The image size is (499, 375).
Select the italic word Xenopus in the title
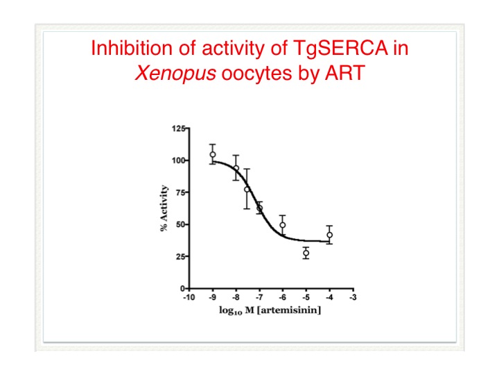point(175,73)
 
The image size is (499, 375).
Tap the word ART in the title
point(344,73)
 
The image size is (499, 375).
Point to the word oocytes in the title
point(256,74)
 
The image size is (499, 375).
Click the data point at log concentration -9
point(213,155)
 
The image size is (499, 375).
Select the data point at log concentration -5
point(306,253)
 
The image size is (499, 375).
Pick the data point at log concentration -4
point(330,235)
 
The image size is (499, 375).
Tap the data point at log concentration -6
point(283,225)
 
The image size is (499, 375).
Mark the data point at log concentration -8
point(236,168)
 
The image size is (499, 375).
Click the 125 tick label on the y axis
point(178,128)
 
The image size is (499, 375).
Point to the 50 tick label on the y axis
point(180,224)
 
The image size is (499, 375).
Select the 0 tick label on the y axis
point(183,289)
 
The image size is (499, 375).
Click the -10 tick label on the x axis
point(189,297)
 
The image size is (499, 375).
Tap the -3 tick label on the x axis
point(353,297)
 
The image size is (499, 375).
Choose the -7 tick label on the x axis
point(259,297)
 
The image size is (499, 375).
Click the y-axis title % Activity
point(164,208)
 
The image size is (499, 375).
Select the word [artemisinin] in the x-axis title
point(289,310)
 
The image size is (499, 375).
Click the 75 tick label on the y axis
point(180,192)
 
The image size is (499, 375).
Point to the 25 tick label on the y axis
point(180,256)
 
